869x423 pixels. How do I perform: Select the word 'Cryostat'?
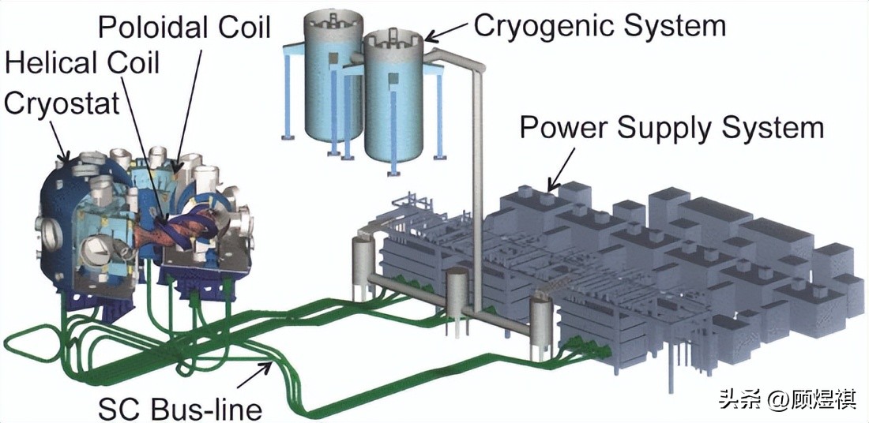pos(61,102)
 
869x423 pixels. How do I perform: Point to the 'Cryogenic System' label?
pos(599,25)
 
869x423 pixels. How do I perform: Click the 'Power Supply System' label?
pos(671,127)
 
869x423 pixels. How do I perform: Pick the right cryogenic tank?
pos(393,103)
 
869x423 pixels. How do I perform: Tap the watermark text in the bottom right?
pos(787,400)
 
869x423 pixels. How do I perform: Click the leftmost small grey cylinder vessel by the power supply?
pos(363,260)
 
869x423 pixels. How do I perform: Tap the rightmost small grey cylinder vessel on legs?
pos(540,320)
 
